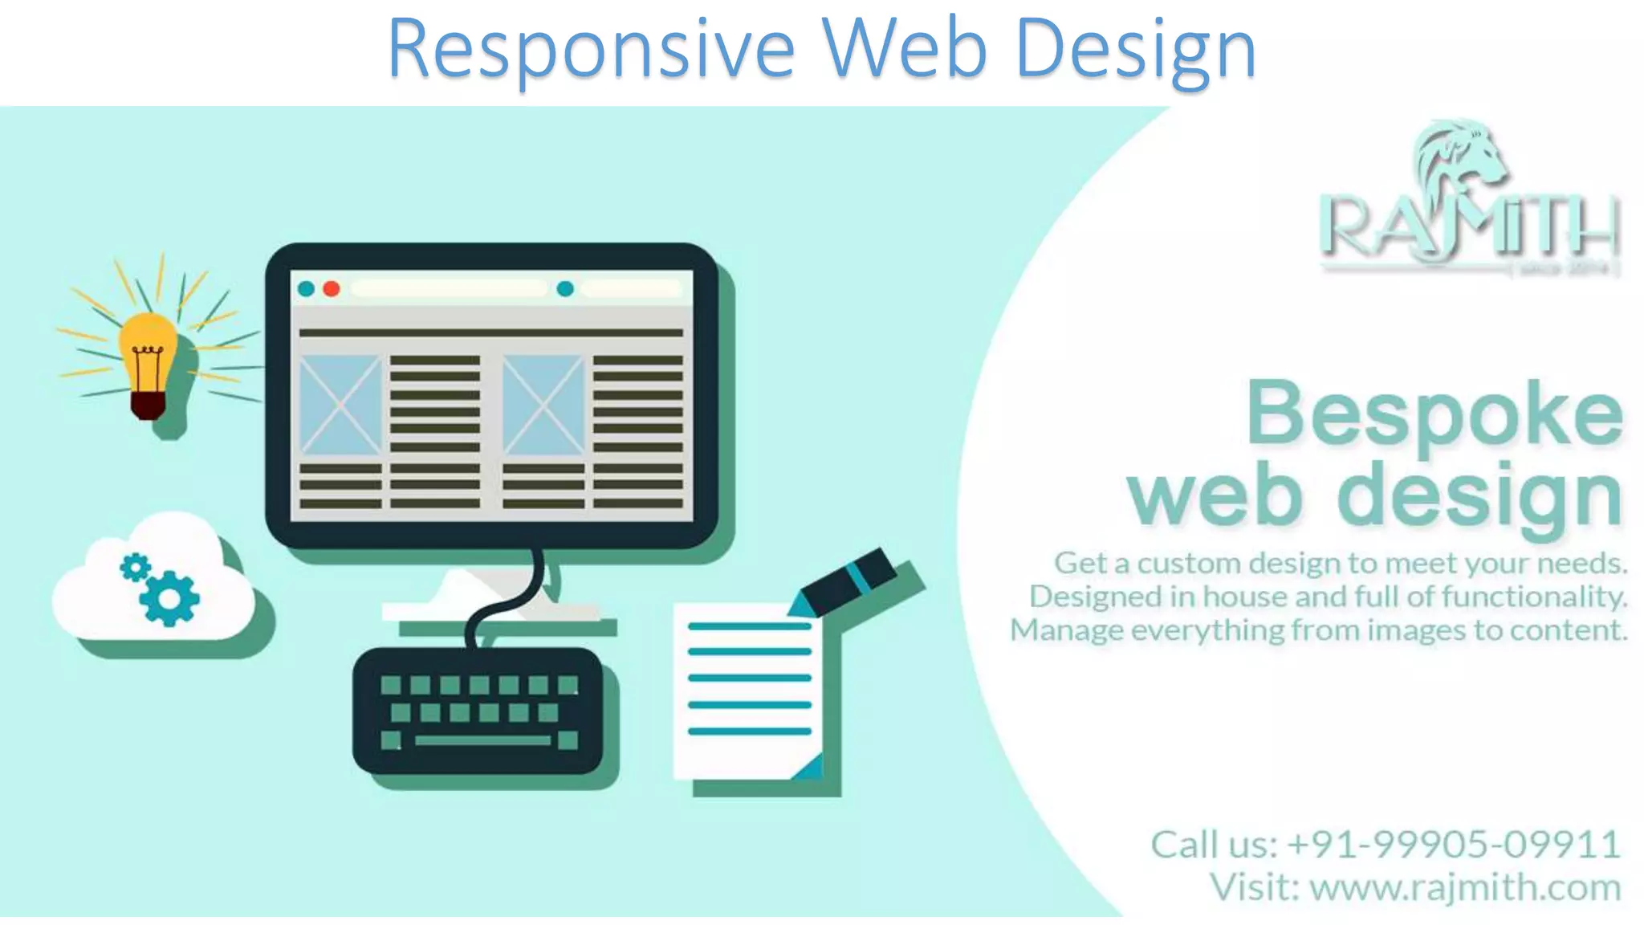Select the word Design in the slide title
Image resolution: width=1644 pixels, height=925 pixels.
(1135, 50)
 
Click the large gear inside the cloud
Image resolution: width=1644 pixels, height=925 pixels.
(169, 598)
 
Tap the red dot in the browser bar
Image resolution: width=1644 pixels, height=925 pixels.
(331, 289)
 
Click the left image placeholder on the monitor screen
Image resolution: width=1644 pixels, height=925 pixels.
(340, 405)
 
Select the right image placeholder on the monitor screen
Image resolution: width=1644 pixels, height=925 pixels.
(543, 405)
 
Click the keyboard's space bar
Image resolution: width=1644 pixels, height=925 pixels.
(482, 740)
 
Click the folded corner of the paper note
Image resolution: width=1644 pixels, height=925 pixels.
(809, 767)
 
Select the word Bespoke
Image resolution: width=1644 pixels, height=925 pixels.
(1434, 414)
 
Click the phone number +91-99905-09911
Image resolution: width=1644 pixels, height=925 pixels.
(1453, 845)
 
